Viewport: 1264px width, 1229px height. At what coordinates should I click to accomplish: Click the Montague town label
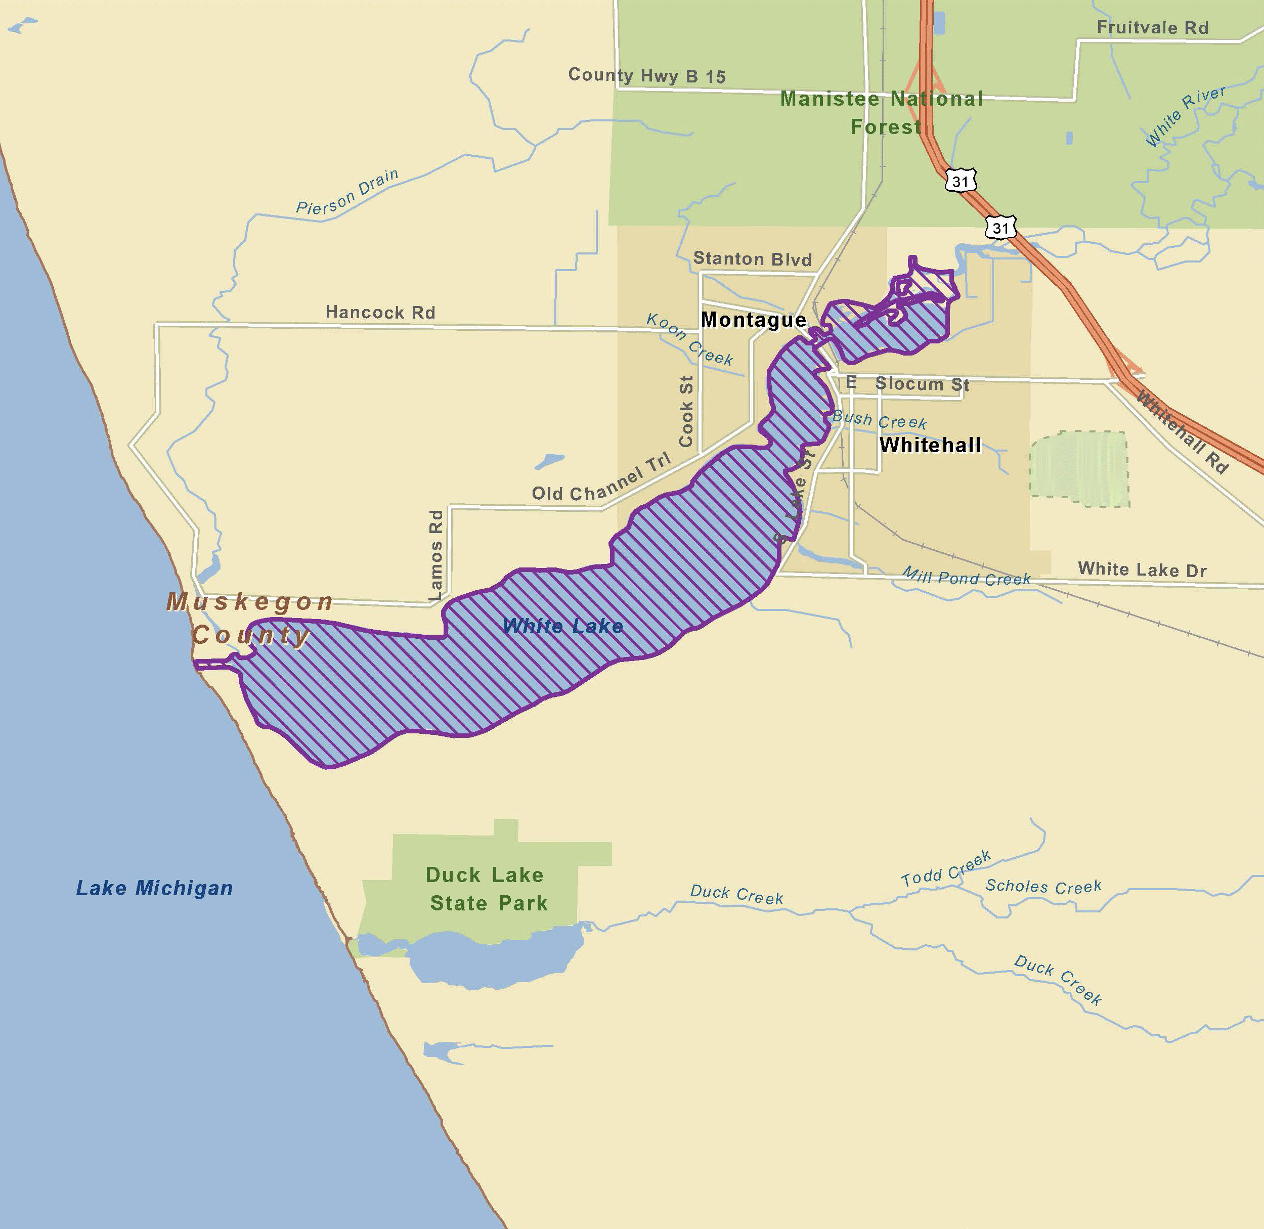(753, 320)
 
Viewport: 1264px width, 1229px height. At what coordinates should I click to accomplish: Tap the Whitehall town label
(930, 445)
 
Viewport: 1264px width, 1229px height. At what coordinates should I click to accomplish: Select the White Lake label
(562, 626)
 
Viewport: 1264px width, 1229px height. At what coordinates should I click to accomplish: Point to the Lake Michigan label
(154, 888)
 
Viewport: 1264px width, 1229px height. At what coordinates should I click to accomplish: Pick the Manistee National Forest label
(882, 112)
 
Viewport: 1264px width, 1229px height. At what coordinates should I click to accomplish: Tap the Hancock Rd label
(380, 313)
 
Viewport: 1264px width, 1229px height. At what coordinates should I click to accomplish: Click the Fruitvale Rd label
(1152, 28)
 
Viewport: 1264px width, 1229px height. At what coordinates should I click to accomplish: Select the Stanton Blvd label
(752, 259)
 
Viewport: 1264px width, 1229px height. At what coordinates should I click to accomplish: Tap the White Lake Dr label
(1142, 569)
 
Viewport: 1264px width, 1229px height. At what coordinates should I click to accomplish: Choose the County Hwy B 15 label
(647, 75)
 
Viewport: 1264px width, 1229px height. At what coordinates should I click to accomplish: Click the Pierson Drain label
(347, 192)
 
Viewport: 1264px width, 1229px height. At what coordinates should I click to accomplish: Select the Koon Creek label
(689, 339)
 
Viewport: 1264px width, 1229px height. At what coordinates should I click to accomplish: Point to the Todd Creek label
(946, 868)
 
